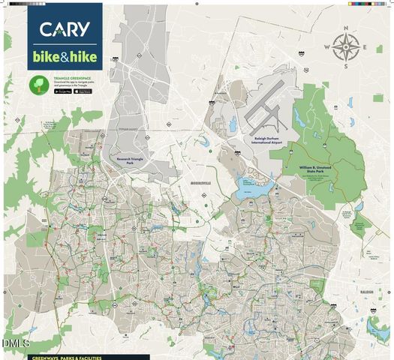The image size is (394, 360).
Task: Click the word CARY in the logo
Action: pyautogui.click(x=65, y=30)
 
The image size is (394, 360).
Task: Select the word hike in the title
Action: pyautogui.click(x=84, y=57)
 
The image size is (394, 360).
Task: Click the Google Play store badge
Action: pyautogui.click(x=63, y=91)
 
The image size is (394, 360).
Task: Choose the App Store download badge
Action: pyautogui.click(x=83, y=91)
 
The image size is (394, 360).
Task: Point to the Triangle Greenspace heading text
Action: pyautogui.click(x=71, y=77)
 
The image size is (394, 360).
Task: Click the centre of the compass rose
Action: pyautogui.click(x=347, y=47)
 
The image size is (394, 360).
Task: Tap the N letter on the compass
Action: pyautogui.click(x=347, y=28)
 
